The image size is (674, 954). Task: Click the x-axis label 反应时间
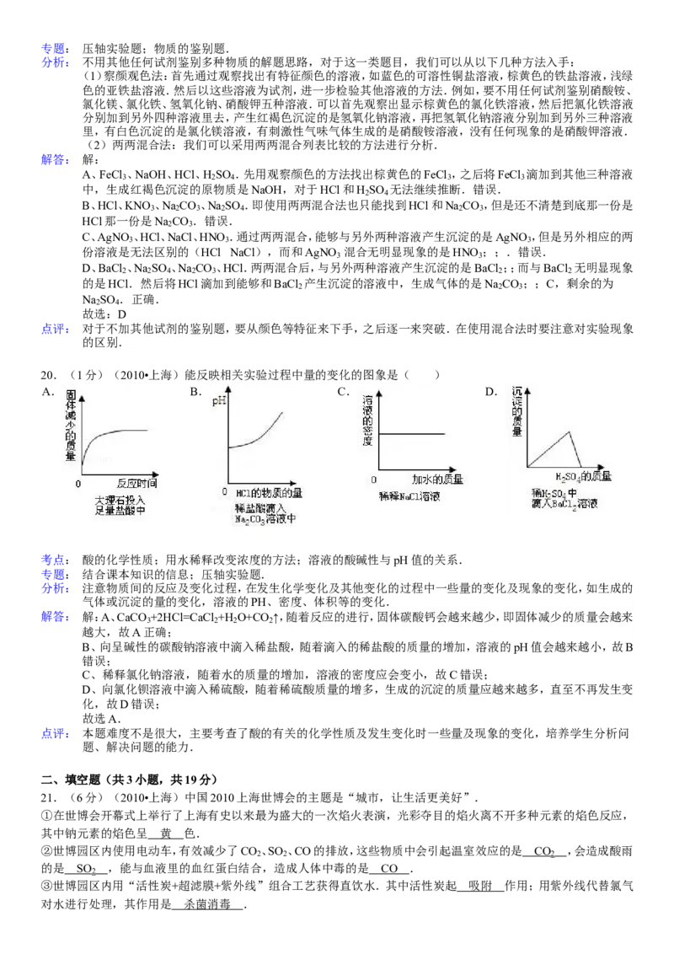(x=136, y=484)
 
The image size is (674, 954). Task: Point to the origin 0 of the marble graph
(x=78, y=484)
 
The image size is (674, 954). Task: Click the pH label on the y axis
(x=219, y=401)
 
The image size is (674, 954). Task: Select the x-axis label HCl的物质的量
(x=270, y=492)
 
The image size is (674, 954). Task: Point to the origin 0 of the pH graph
(x=225, y=490)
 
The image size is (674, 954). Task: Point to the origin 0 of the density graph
(x=374, y=479)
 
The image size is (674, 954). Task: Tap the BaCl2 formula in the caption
(x=581, y=504)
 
